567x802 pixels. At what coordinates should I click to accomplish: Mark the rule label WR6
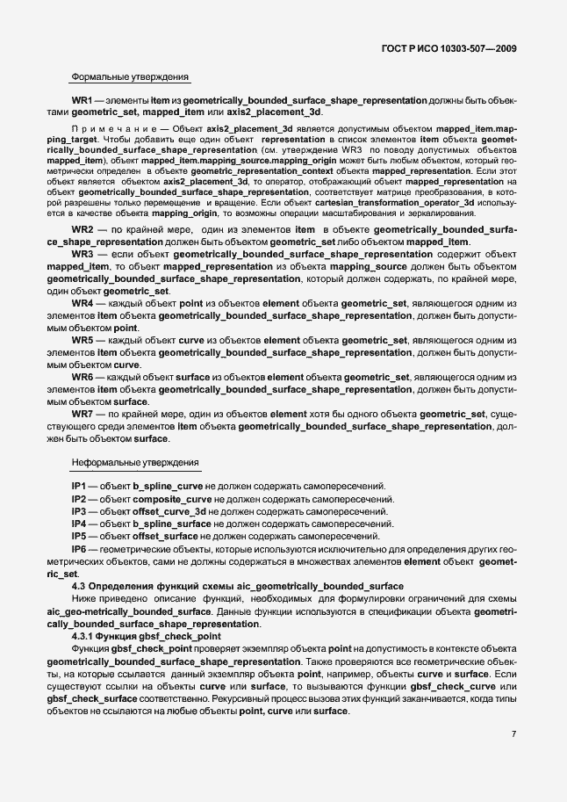click(83, 377)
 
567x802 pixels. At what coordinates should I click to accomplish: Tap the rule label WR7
click(83, 414)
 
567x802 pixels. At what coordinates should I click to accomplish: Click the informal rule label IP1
click(79, 486)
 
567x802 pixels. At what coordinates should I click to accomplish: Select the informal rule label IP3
click(79, 511)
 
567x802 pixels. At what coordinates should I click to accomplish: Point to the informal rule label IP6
click(79, 548)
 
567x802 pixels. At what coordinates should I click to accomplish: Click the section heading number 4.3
click(79, 586)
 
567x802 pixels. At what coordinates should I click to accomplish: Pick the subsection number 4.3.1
click(84, 635)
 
